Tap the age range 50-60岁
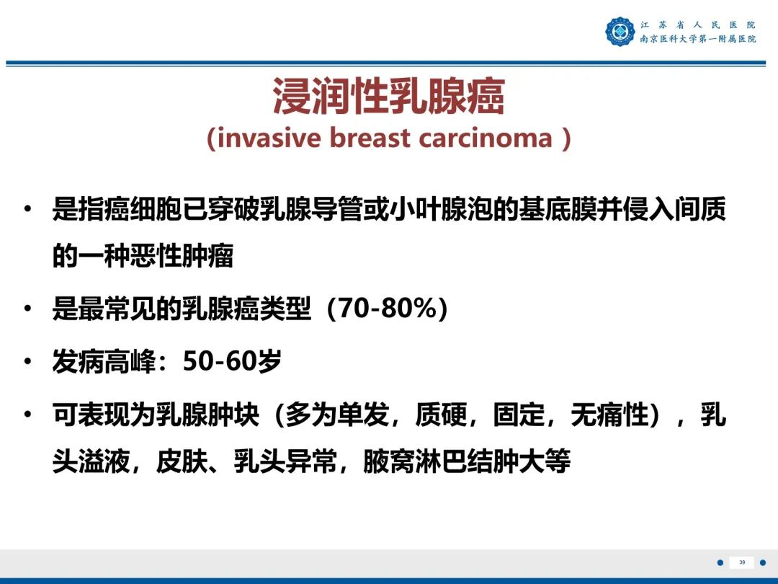pyautogui.click(x=232, y=362)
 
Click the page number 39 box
pyautogui.click(x=742, y=562)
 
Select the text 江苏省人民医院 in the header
pyautogui.click(x=697, y=25)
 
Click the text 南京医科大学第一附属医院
pyautogui.click(x=697, y=39)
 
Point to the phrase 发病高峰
pyautogui.click(x=104, y=362)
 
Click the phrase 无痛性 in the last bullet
pyautogui.click(x=609, y=415)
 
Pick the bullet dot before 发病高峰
pyautogui.click(x=28, y=362)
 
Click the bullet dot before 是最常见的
pyautogui.click(x=28, y=309)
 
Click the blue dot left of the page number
pyautogui.click(x=719, y=562)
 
